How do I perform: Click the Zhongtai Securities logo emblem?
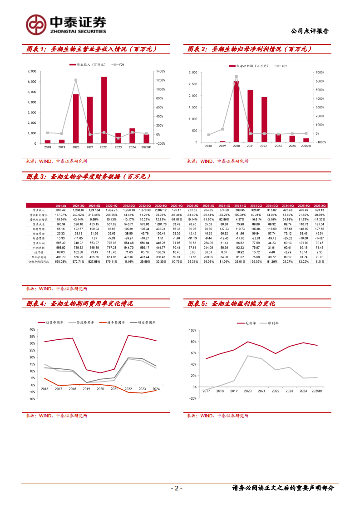(35, 24)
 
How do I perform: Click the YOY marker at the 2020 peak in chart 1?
(76, 80)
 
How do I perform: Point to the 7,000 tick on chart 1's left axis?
(32, 71)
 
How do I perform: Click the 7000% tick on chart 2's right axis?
(320, 73)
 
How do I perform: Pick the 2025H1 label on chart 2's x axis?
(306, 146)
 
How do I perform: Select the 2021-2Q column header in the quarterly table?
(60, 206)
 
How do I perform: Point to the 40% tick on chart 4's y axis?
(32, 330)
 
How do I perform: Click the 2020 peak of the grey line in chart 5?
(248, 356)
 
